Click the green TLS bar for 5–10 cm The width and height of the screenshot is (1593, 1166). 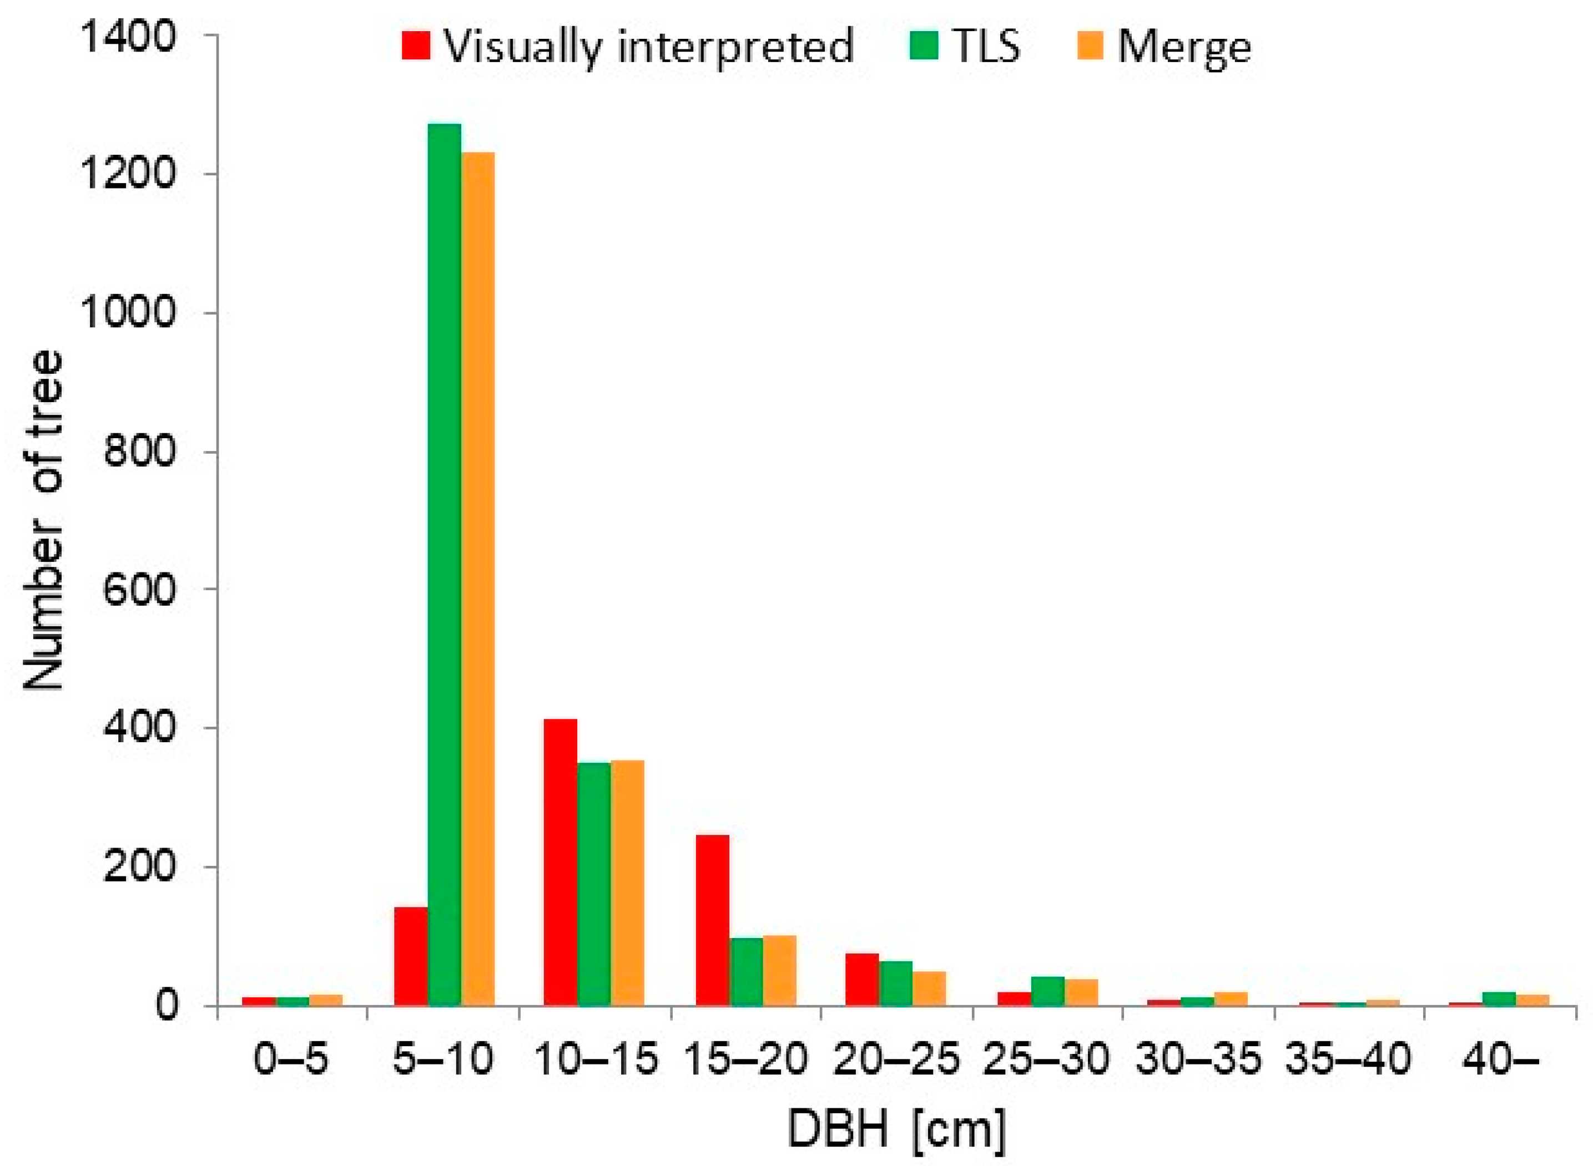(x=444, y=565)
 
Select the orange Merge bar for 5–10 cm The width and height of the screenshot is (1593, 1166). (x=478, y=579)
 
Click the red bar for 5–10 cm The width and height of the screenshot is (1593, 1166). (x=411, y=956)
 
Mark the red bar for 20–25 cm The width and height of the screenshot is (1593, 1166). (x=862, y=979)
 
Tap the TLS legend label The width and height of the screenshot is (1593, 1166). (x=986, y=47)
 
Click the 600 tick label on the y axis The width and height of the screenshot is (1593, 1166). (x=138, y=589)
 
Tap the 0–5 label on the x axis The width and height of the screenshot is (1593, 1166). (x=291, y=1059)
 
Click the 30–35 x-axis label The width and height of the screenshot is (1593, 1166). (x=1198, y=1059)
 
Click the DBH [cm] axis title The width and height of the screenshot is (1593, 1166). (x=895, y=1130)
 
